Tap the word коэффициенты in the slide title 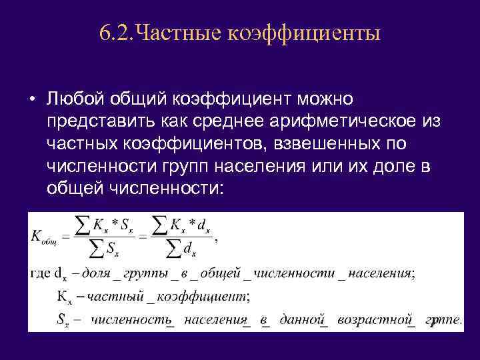[305, 33]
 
